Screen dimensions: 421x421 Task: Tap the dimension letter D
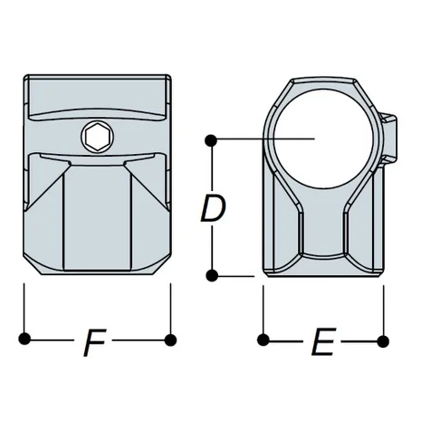point(212,210)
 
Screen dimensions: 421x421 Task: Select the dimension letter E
point(321,344)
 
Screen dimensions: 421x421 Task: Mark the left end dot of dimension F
point(24,340)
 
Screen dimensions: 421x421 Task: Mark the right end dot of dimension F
point(169,340)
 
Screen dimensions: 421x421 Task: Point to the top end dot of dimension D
point(211,139)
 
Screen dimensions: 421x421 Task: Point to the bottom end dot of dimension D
point(211,273)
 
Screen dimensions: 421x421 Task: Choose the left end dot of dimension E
point(263,340)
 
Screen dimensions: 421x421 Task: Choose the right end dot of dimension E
point(381,340)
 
